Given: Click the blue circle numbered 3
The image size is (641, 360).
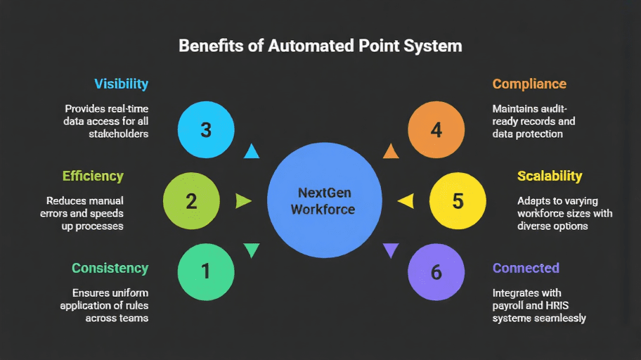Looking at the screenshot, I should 205,130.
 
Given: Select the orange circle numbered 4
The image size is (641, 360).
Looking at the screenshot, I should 436,130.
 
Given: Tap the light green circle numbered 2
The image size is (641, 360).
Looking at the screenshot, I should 191,201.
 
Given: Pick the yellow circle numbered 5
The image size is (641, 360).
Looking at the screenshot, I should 458,201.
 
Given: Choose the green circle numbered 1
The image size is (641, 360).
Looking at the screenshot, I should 205,271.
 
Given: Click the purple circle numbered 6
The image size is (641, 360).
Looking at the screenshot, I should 436,271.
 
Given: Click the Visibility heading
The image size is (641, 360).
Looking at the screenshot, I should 121,84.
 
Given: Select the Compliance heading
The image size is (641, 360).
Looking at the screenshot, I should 529,84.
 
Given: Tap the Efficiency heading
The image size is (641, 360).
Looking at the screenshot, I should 93,176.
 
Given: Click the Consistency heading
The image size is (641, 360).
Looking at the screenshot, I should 110,268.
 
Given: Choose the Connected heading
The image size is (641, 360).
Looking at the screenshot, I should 526,268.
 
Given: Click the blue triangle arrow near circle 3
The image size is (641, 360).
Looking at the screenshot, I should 251,151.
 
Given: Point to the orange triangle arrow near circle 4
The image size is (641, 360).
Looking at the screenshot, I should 391,151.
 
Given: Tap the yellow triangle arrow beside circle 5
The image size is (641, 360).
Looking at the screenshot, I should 404,202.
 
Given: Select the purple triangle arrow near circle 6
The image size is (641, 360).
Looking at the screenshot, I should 391,250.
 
